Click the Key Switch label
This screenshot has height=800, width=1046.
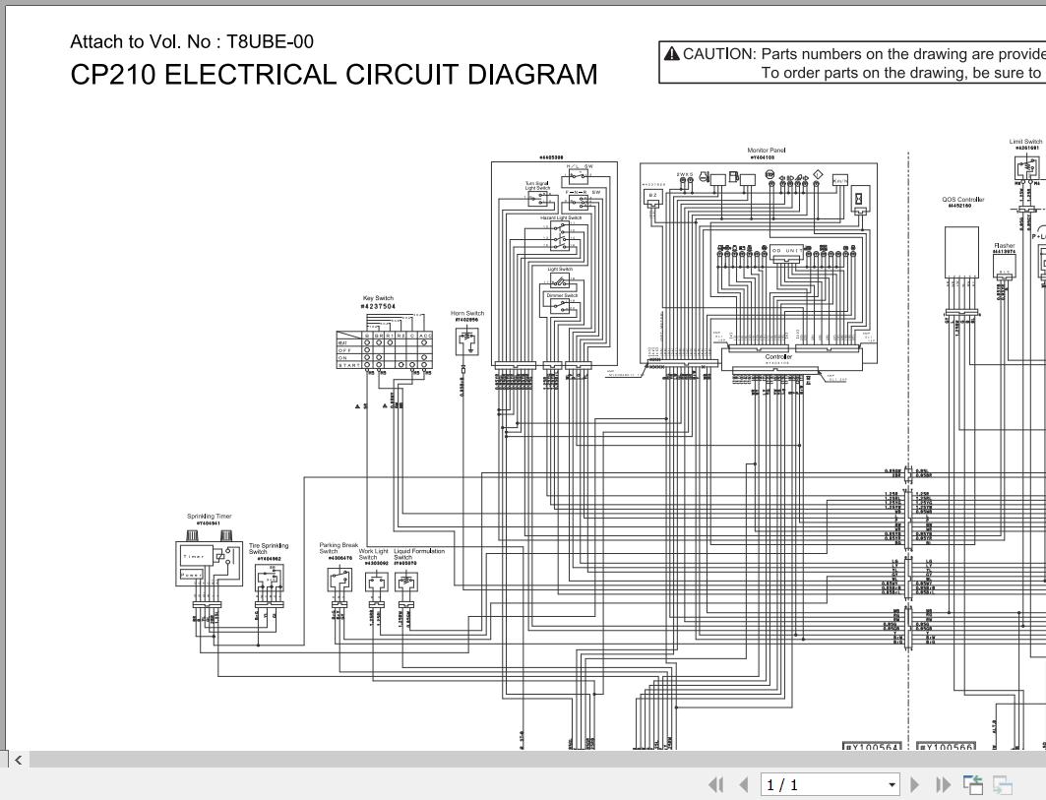tap(379, 298)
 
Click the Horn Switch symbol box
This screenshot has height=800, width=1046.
tap(468, 340)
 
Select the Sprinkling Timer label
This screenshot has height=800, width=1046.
tap(210, 516)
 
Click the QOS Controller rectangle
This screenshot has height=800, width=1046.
tap(961, 252)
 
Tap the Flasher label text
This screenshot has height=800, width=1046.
tap(1004, 246)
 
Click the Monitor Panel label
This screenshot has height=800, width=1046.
tap(767, 151)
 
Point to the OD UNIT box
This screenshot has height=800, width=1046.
tap(785, 251)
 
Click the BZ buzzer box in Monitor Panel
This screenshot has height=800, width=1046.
tap(652, 196)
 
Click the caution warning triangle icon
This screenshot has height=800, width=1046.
tap(672, 53)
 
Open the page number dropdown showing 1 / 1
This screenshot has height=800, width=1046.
tap(831, 784)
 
